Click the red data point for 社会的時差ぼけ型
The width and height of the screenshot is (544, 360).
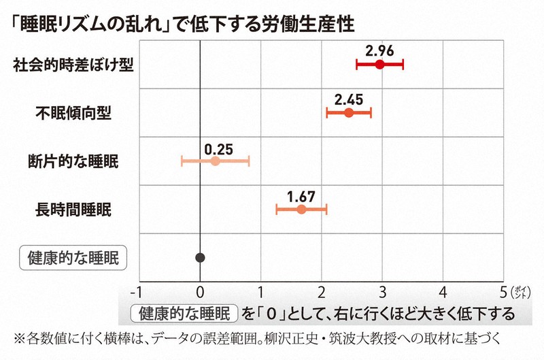[379, 65]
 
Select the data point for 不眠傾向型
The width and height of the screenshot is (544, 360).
[349, 113]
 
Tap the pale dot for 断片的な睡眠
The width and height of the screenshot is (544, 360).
[215, 161]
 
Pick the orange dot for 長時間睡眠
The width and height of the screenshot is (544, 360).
[301, 210]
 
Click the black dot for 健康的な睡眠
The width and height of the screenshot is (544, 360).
[200, 257]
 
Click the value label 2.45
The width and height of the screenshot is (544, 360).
[349, 99]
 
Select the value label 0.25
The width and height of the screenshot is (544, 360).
[216, 147]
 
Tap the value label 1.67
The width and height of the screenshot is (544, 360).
[301, 195]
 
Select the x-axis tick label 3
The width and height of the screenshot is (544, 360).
[382, 294]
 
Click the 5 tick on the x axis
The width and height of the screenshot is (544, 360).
[504, 294]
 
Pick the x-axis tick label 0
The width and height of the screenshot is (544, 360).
[200, 294]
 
